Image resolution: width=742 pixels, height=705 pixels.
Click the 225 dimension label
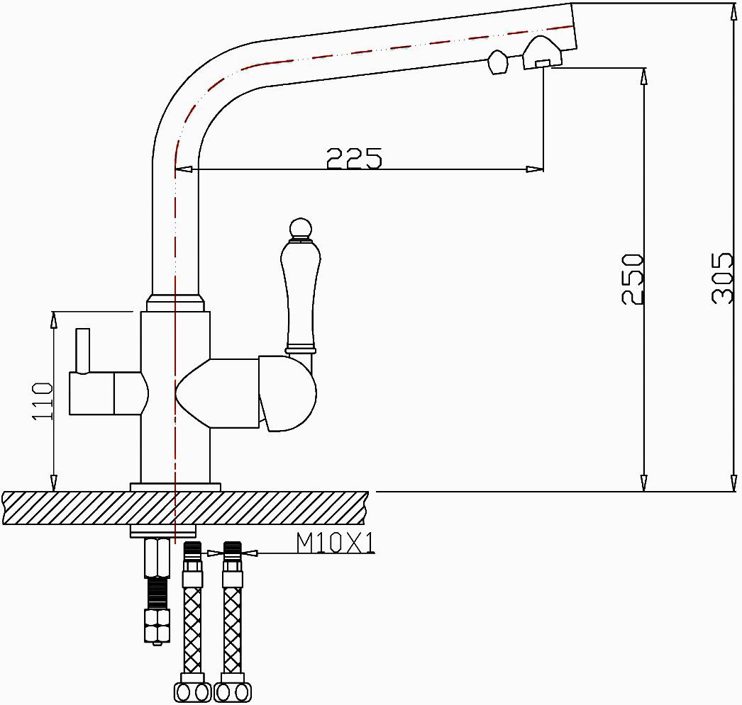(354, 157)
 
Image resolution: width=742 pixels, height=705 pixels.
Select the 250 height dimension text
(632, 278)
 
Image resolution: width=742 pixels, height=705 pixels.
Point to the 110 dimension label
(43, 401)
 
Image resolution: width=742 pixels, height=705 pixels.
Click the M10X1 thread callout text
(335, 543)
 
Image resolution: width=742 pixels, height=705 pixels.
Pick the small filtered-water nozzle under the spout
(497, 62)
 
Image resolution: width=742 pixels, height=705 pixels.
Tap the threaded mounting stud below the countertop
(157, 591)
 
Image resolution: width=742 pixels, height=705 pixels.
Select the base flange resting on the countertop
(175, 487)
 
